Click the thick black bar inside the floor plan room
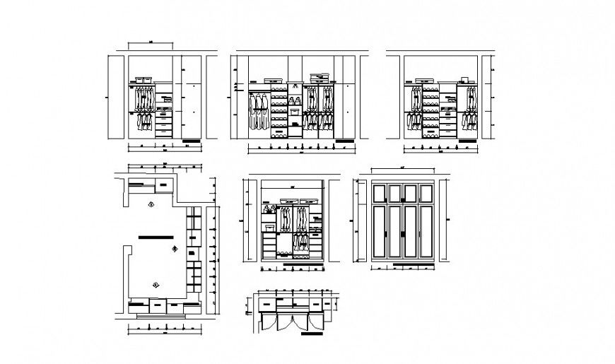(156, 236)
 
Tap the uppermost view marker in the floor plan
(151, 204)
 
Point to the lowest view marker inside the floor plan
(156, 283)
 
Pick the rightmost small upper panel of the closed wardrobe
(426, 193)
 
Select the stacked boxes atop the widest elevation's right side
(320, 77)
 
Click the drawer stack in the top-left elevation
(164, 120)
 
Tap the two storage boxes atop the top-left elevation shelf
(143, 81)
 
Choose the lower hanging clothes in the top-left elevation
(144, 121)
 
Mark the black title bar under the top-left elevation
(192, 142)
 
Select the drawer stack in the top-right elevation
(447, 122)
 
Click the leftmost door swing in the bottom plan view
(268, 322)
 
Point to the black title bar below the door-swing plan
(311, 336)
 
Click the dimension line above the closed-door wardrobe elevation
(402, 170)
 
